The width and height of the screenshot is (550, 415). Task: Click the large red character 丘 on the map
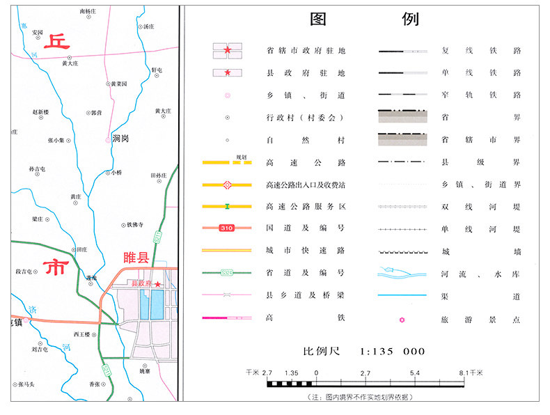tap(56, 42)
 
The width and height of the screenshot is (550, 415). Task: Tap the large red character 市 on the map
tap(57, 267)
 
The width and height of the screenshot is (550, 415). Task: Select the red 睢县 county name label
tap(136, 258)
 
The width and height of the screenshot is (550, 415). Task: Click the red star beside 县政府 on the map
tap(159, 284)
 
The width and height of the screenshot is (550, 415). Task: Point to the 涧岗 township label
tap(120, 139)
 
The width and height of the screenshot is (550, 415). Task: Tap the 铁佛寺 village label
tap(134, 225)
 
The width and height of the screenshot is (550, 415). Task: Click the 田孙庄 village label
tap(159, 175)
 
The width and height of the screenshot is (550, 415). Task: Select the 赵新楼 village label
tap(41, 111)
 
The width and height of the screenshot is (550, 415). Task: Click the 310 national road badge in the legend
tap(226, 228)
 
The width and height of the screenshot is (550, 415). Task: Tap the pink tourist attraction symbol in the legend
tap(402, 320)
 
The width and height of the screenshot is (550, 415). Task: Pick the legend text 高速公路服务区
tap(306, 207)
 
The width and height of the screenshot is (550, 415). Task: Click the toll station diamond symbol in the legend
tap(227, 185)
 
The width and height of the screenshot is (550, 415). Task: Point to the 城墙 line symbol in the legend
tap(402, 251)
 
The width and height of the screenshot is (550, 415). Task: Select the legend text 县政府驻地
tap(306, 72)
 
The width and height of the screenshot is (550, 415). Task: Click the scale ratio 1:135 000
tap(392, 351)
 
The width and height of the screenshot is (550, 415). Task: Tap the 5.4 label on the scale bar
tap(414, 373)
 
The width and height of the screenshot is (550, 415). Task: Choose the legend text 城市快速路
tap(306, 250)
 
